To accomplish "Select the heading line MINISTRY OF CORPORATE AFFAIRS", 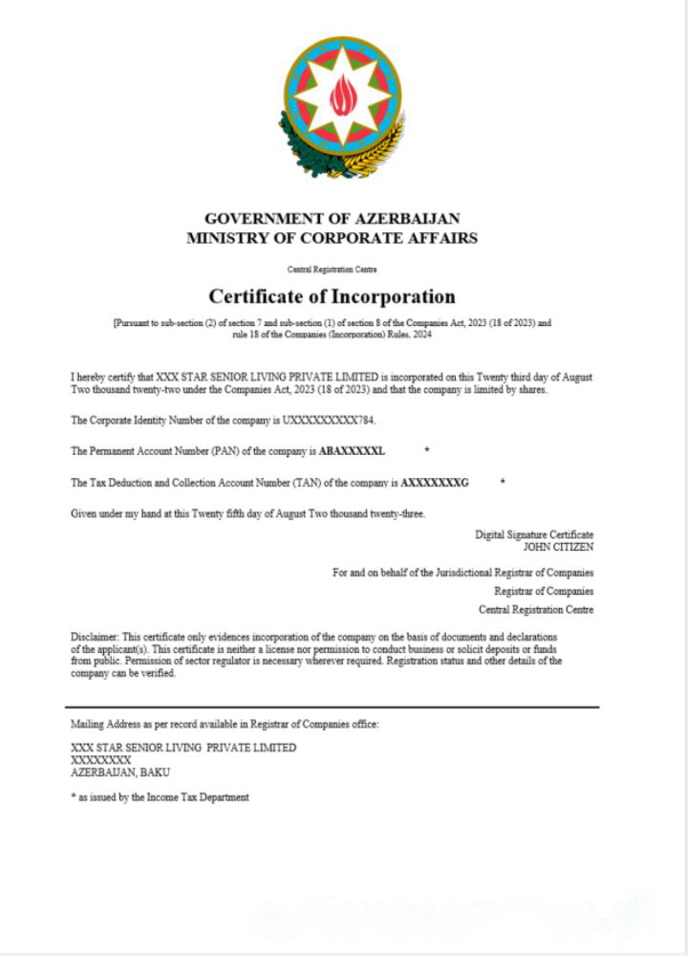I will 332,237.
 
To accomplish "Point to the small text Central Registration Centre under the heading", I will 332,270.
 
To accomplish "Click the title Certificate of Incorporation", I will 332,295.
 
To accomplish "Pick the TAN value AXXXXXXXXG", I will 435,483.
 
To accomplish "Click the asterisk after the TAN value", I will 503,483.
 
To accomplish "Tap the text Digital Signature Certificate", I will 534,535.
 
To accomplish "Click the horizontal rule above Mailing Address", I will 334,707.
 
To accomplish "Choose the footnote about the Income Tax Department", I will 160,797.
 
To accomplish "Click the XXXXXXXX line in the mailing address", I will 100,760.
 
